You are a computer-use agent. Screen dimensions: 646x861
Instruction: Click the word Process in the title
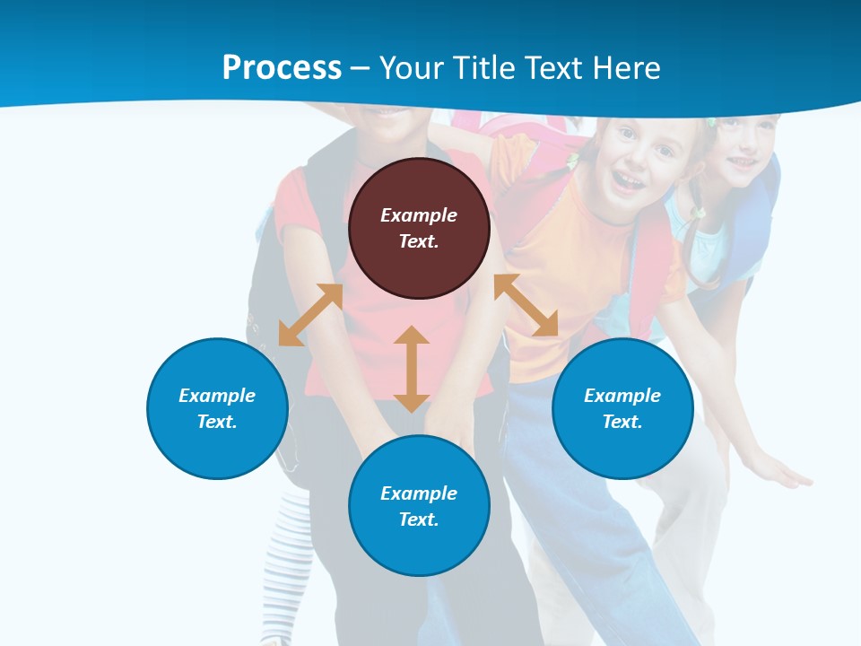tap(282, 68)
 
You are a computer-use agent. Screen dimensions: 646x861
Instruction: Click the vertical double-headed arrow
tap(412, 369)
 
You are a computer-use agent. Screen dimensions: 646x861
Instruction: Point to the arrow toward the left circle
tap(310, 315)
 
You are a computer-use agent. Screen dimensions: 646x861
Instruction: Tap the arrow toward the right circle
tap(526, 305)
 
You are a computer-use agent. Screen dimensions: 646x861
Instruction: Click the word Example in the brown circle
tap(419, 215)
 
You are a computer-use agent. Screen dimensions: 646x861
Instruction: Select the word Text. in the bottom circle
tap(419, 519)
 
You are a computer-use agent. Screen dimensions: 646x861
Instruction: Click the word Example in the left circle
tap(217, 396)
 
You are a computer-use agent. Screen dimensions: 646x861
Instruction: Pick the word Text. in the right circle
tap(622, 422)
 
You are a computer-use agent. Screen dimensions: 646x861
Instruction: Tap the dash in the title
tap(361, 68)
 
